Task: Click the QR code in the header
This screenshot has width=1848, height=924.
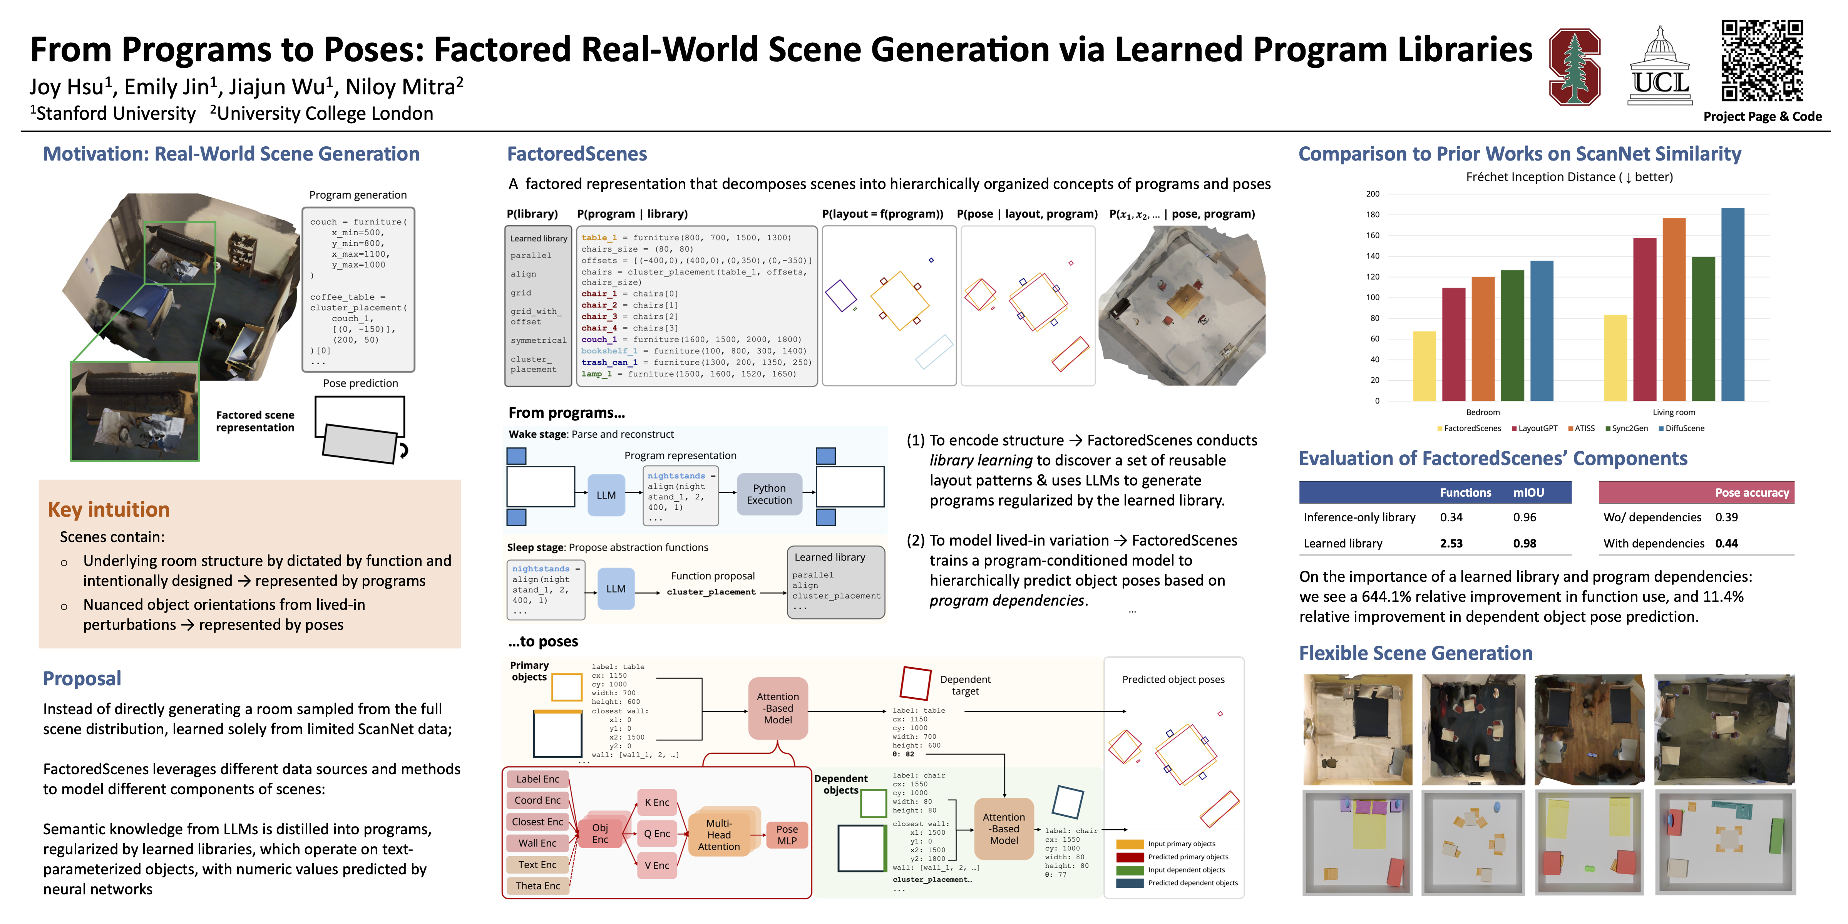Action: pyautogui.click(x=1762, y=60)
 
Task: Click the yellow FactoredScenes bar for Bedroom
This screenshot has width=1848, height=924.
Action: pyautogui.click(x=1424, y=366)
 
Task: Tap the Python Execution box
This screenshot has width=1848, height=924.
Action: pyautogui.click(x=769, y=494)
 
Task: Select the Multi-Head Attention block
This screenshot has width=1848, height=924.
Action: pyautogui.click(x=719, y=834)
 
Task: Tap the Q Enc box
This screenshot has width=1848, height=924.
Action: pyautogui.click(x=656, y=833)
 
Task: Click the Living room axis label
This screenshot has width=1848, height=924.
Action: pyautogui.click(x=1674, y=412)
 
